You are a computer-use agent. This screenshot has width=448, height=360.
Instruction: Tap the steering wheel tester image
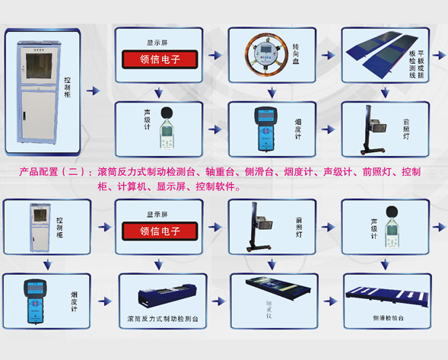(262, 56)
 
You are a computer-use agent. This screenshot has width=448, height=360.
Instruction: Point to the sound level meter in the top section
(170, 126)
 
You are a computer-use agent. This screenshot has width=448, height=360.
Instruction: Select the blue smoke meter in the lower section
(34, 300)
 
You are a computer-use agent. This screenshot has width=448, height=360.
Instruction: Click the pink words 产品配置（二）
(54, 172)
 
